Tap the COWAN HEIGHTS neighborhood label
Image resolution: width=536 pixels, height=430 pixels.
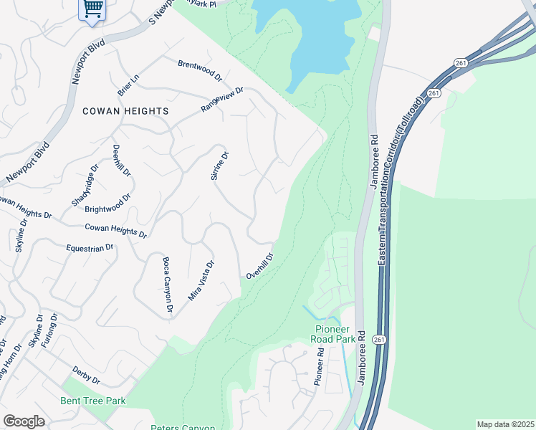[x=125, y=111]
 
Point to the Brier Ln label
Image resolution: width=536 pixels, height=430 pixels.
[x=128, y=84]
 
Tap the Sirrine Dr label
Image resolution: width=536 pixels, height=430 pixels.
[x=219, y=166]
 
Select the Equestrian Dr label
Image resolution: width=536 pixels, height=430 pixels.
[x=90, y=247]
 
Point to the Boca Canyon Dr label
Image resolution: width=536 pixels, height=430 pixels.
[x=168, y=285]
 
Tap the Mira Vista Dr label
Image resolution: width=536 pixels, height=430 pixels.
[x=201, y=280]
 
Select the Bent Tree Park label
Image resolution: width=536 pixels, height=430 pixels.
[x=93, y=401]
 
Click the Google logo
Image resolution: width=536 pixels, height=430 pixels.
[x=24, y=421]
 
